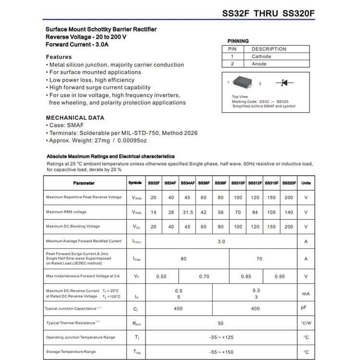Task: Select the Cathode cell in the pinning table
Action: click(x=261, y=57)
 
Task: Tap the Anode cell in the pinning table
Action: click(x=259, y=64)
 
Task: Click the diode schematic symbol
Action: click(x=285, y=83)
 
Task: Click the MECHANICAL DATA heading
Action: click(x=75, y=118)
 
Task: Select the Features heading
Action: click(x=59, y=57)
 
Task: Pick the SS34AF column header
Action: click(x=187, y=183)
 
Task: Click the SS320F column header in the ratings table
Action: click(x=288, y=183)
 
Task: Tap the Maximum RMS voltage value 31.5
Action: click(x=187, y=212)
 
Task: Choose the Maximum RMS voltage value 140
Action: click(x=288, y=212)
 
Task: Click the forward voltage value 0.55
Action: click(x=161, y=276)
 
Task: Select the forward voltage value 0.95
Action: click(x=280, y=276)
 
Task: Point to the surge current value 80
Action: click(x=183, y=259)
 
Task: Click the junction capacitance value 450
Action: click(x=178, y=309)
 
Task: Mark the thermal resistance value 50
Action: click(x=221, y=323)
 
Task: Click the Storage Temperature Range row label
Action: click(x=71, y=352)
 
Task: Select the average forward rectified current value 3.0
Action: click(x=221, y=241)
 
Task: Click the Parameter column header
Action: click(x=84, y=183)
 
